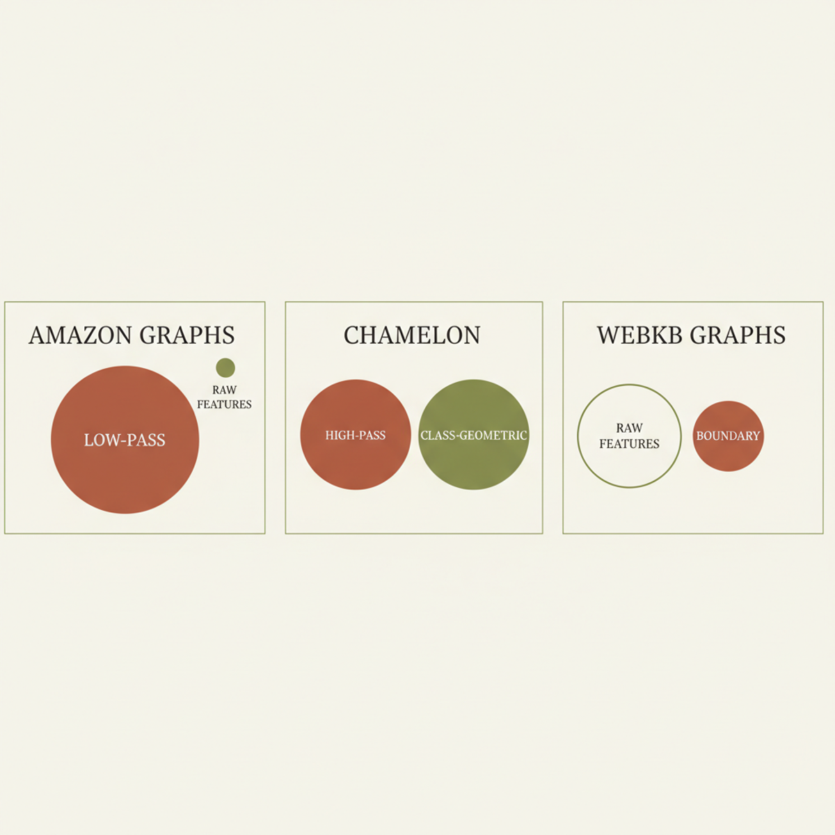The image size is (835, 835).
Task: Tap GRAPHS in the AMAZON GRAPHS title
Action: click(x=186, y=335)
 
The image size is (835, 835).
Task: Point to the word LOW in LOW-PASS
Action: click(x=97, y=440)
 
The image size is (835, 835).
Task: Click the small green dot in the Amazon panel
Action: click(x=225, y=367)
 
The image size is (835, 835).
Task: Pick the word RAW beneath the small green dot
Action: click(x=224, y=390)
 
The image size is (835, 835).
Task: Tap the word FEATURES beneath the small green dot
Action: click(x=224, y=404)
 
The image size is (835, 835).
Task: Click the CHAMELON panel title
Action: click(x=412, y=335)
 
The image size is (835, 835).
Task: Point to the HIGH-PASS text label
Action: click(x=356, y=436)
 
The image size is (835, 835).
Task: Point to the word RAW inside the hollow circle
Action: click(x=629, y=428)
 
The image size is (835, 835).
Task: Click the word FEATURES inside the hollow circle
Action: click(x=629, y=444)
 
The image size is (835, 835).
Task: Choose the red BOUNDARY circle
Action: click(x=728, y=456)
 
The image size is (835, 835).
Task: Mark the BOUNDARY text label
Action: click(x=728, y=436)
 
